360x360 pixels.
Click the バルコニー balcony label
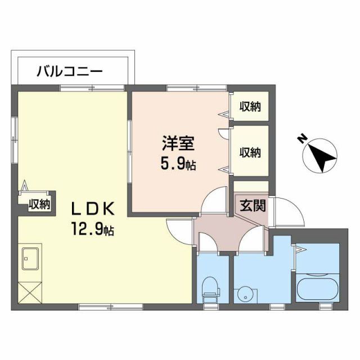coord(70,71)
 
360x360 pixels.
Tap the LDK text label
coord(92,209)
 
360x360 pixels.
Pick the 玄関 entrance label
coord(250,206)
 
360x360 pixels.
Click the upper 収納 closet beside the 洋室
coord(250,106)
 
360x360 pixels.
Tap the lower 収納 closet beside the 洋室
coord(250,152)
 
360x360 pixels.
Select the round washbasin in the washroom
coord(244,294)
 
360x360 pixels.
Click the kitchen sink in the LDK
coord(30,260)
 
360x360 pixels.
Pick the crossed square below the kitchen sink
coord(29,292)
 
